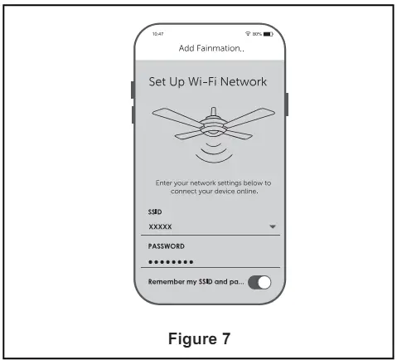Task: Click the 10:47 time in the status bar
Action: [157, 34]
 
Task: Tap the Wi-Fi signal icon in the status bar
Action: [248, 34]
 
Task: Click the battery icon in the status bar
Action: [268, 34]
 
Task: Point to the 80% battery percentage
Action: [257, 34]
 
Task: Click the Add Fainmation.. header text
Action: [211, 48]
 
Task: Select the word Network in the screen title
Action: [244, 82]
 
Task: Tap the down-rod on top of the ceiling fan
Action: [213, 111]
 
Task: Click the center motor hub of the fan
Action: [213, 126]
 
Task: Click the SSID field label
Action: [155, 212]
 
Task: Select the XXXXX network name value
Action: [160, 227]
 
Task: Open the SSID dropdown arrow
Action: [273, 226]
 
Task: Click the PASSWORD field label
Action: [167, 246]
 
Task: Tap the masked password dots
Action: [171, 262]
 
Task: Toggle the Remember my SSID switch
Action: [259, 283]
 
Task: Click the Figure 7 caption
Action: [199, 338]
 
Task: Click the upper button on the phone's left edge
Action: [133, 90]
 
